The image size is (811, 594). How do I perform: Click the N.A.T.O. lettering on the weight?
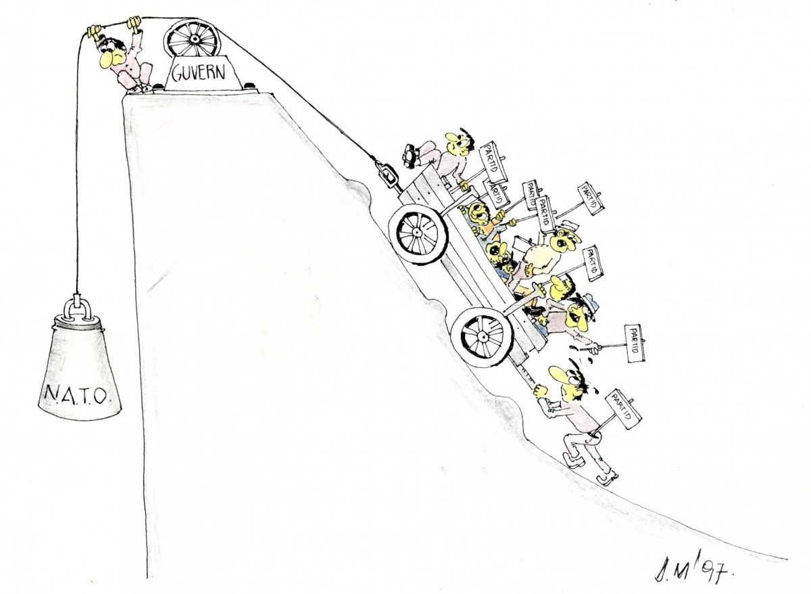(76, 394)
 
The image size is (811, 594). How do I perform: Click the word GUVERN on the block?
(198, 72)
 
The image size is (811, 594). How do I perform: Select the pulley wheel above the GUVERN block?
(192, 38)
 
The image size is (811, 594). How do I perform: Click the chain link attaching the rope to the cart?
(388, 175)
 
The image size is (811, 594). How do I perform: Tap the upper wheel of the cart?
(418, 234)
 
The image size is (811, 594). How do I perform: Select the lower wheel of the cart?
(483, 338)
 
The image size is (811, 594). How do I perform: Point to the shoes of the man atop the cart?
(412, 156)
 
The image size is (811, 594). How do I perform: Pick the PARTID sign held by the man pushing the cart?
(623, 409)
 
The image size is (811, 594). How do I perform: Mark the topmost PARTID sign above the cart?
(492, 162)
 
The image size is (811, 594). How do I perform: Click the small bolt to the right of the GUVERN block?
(250, 85)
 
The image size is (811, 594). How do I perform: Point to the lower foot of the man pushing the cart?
(607, 478)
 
